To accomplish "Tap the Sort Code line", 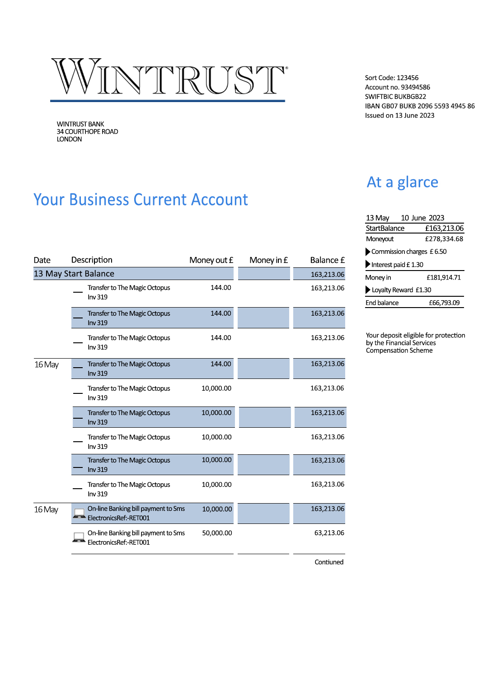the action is (x=392, y=78).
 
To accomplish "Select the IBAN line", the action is (x=420, y=106).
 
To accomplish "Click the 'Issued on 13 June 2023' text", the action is (x=399, y=116).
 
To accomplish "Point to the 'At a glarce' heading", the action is (x=402, y=182).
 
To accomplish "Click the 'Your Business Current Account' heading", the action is (x=141, y=200).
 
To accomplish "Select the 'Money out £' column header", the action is (x=211, y=260).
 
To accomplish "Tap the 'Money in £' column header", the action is (x=268, y=260).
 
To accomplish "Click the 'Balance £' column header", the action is (x=327, y=260).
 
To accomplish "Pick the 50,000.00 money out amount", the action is (x=217, y=533).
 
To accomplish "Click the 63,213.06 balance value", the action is (x=329, y=533).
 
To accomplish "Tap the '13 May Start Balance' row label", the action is (x=74, y=274).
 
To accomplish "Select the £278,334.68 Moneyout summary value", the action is (x=444, y=239).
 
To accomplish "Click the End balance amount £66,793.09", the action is (x=444, y=303).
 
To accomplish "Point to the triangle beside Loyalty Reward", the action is (x=368, y=290).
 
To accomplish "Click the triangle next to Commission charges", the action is (x=368, y=252).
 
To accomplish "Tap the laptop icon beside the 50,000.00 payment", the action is (x=79, y=537).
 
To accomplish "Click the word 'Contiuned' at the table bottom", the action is (x=329, y=562).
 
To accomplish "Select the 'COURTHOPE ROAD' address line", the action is (x=87, y=132).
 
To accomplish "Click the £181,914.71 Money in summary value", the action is (x=444, y=278).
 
